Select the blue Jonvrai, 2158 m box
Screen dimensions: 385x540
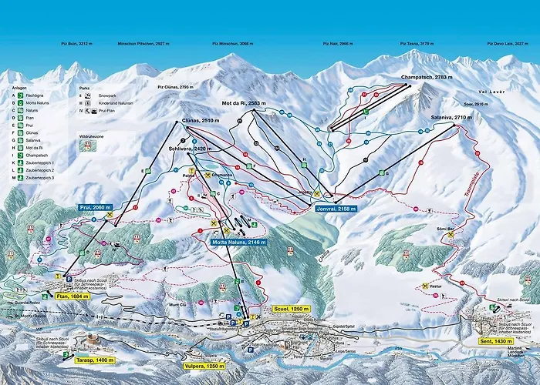[x=338, y=208]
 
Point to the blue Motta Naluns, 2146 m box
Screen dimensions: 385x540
[x=239, y=242]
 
